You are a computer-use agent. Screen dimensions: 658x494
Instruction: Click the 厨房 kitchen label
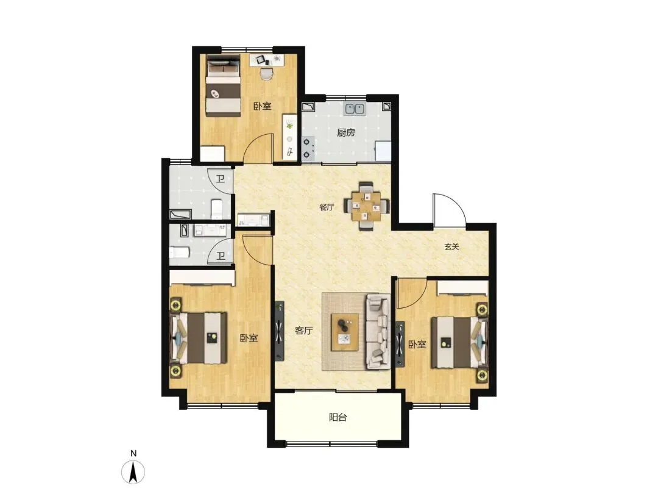click(x=346, y=133)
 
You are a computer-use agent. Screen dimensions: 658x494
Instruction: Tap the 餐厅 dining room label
click(x=327, y=207)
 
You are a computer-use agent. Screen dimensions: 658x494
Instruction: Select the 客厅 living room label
click(x=304, y=331)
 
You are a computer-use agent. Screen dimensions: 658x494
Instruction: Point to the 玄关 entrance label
click(x=452, y=247)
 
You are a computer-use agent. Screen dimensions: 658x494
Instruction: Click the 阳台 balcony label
click(x=338, y=418)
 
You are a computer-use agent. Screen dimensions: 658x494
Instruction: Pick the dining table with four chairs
click(x=367, y=206)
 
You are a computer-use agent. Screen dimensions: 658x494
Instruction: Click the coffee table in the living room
click(x=345, y=332)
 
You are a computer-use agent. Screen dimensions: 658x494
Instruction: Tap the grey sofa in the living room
click(x=378, y=331)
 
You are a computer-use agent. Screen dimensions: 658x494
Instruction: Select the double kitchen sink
click(x=355, y=109)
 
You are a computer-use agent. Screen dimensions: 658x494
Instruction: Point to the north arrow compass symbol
click(x=133, y=471)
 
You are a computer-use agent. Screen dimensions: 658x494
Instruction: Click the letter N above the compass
click(x=133, y=453)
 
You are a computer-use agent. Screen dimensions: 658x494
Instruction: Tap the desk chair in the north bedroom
click(x=266, y=74)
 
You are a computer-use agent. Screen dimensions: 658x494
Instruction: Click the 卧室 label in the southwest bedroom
click(x=249, y=338)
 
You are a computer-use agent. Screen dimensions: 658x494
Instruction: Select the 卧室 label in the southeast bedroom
click(x=417, y=345)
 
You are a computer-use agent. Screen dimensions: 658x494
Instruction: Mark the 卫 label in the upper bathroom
click(x=221, y=179)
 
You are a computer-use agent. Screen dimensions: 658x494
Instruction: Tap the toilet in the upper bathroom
click(x=216, y=209)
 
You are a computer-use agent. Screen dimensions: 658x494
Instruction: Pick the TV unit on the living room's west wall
click(x=280, y=331)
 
